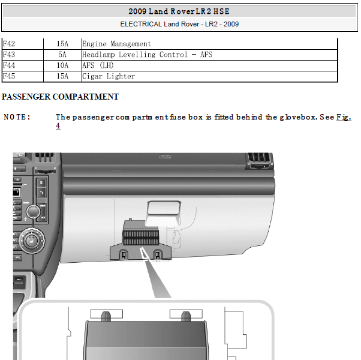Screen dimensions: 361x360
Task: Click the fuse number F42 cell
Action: tap(9, 44)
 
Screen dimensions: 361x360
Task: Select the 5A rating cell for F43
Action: tap(62, 55)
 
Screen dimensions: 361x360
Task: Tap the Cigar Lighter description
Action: tap(109, 76)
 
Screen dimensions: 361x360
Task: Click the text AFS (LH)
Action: tap(98, 65)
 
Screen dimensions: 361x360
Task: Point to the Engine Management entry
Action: tap(117, 44)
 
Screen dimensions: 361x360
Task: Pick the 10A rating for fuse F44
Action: tap(62, 65)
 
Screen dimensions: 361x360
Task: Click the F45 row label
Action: tap(9, 76)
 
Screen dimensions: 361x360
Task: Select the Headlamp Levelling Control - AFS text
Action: tap(148, 55)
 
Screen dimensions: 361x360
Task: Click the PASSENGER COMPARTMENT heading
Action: tap(60, 97)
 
